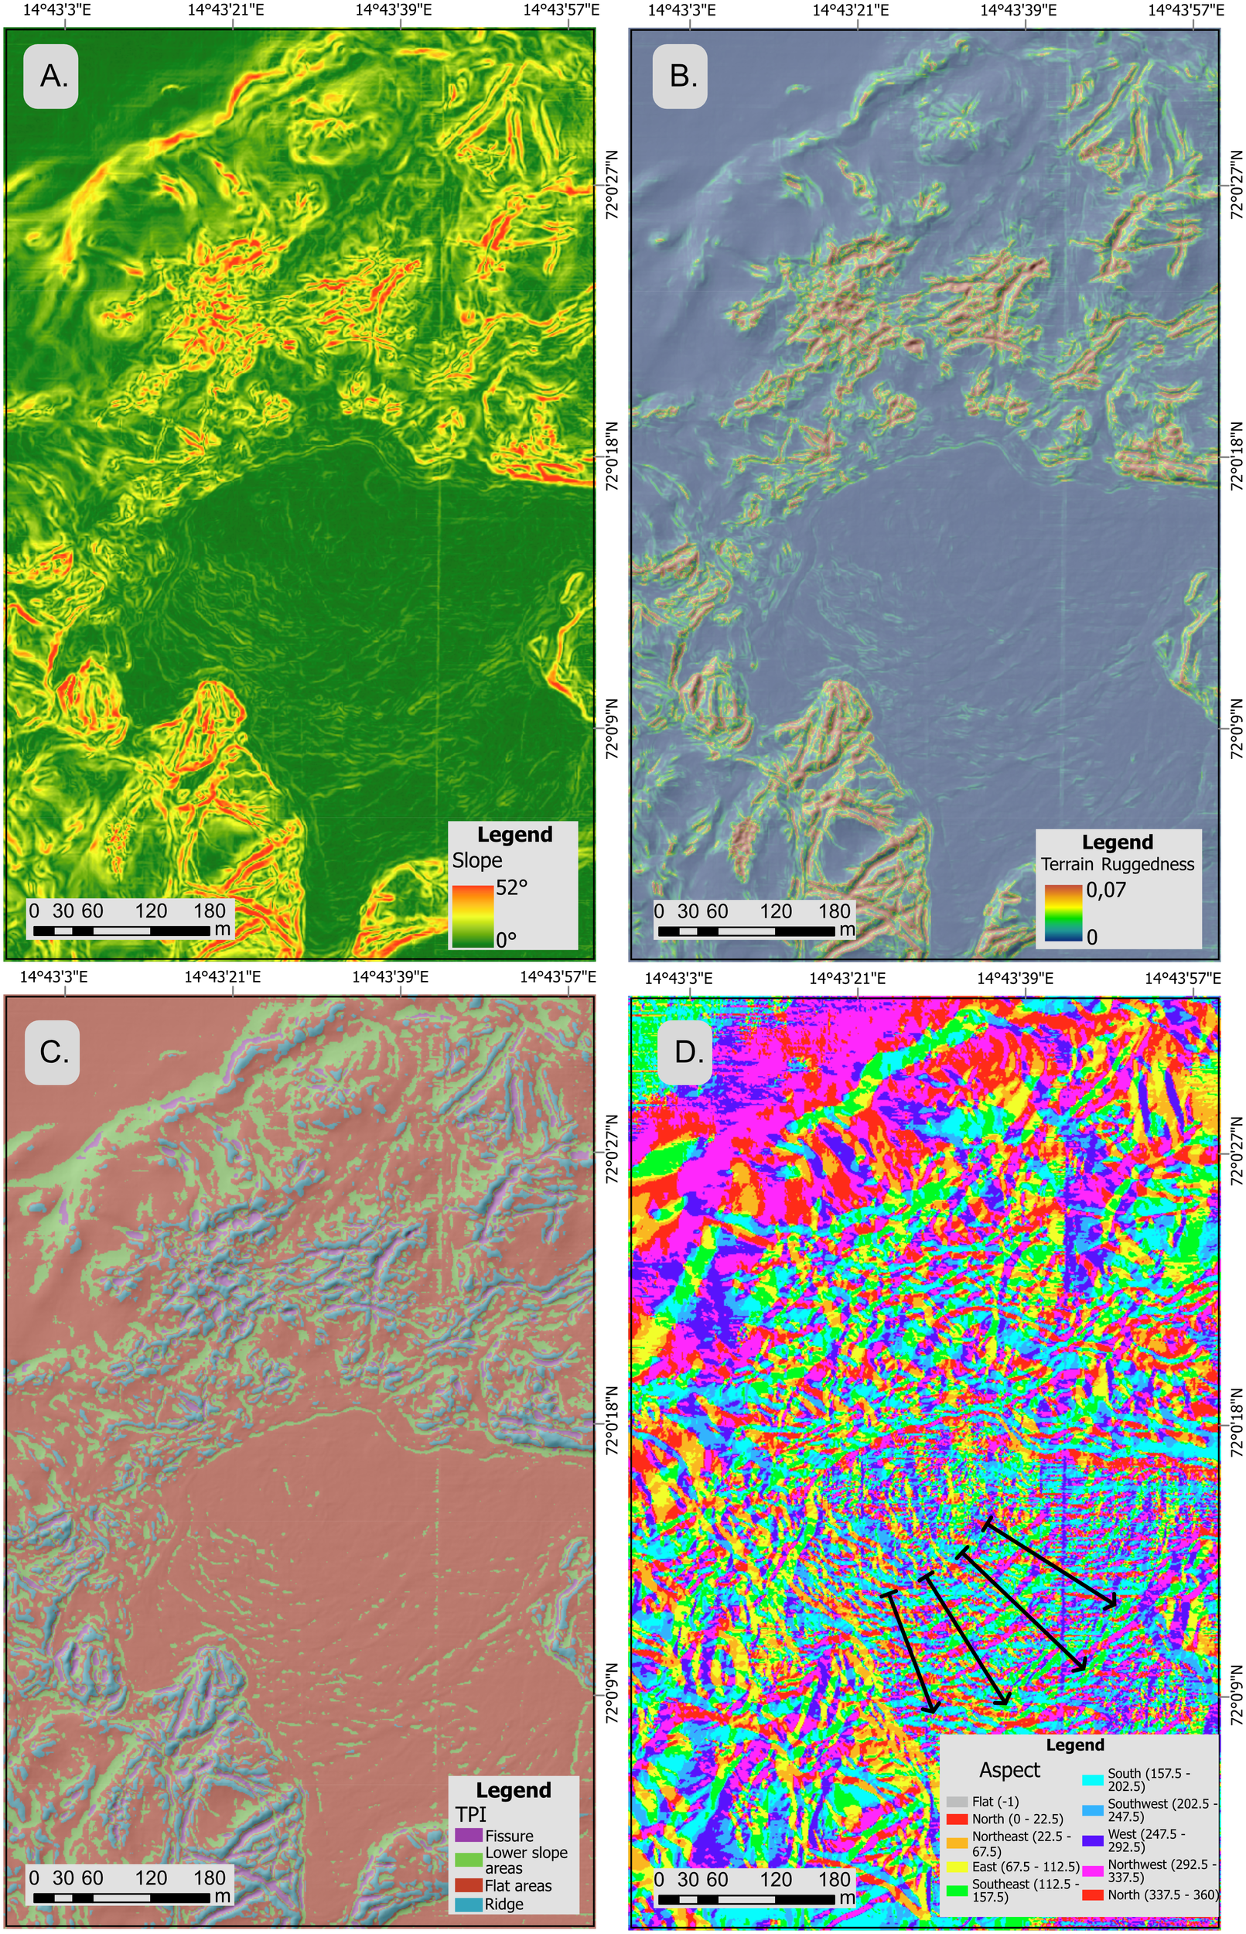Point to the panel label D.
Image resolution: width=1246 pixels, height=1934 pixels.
pyautogui.click(x=684, y=1052)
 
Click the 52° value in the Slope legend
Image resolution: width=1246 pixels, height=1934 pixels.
pyautogui.click(x=511, y=887)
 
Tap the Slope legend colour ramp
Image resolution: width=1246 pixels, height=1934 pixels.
pyautogui.click(x=473, y=915)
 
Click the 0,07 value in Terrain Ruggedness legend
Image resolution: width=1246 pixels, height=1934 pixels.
pyautogui.click(x=1106, y=890)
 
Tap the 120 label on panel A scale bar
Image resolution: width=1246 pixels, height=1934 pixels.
pyautogui.click(x=151, y=911)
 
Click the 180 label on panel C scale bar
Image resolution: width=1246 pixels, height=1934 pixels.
pyautogui.click(x=210, y=1878)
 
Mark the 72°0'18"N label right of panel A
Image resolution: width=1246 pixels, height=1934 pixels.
pyautogui.click(x=613, y=455)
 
